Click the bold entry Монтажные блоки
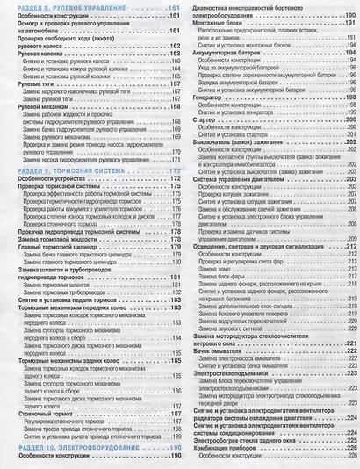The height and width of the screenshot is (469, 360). pyautogui.click(x=216, y=27)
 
